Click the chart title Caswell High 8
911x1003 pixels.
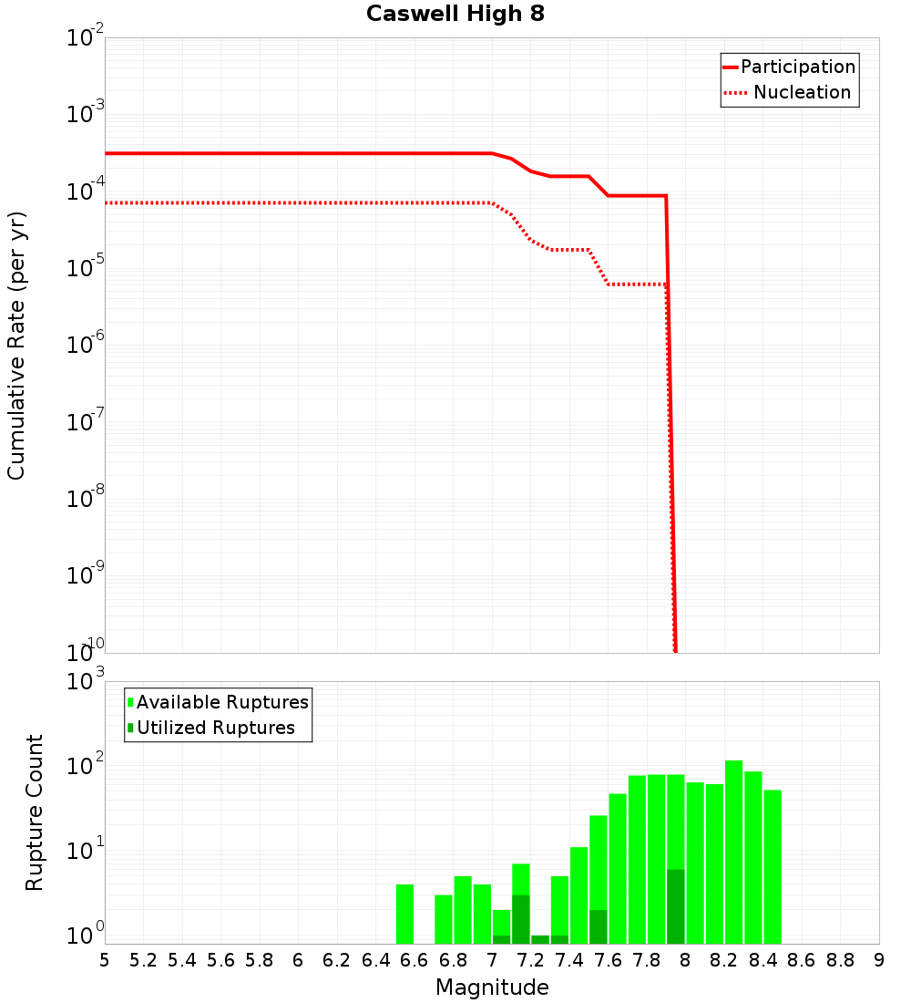point(455,15)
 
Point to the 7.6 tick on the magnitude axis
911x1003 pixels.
point(609,960)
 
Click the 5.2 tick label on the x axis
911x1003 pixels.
point(143,960)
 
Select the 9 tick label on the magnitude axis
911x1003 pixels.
point(878,960)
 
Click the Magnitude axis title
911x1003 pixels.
point(492,987)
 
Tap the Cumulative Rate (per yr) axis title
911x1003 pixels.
point(16,345)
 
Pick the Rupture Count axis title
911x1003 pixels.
point(35,812)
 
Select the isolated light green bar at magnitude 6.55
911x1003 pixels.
point(404,914)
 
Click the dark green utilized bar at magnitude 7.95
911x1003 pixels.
point(676,907)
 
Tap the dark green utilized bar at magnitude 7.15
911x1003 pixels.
point(520,919)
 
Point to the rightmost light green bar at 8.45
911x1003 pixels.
point(773,866)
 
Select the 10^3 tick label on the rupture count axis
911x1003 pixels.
point(86,681)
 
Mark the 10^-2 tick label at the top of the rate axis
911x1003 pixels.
point(86,38)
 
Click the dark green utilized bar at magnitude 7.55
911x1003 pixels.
point(599,926)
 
